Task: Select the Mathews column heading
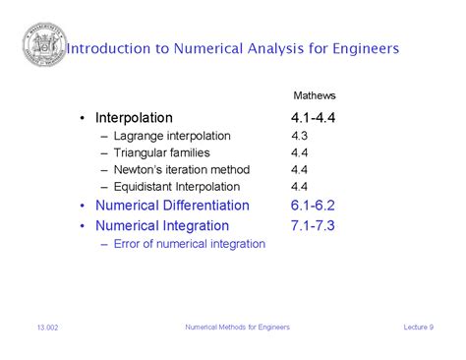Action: (315, 95)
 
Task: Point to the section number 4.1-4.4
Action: (314, 118)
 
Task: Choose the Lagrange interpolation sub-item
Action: (172, 136)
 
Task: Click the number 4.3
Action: (300, 136)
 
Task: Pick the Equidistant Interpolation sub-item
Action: (176, 186)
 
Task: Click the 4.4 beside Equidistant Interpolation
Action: (300, 186)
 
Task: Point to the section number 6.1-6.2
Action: (314, 206)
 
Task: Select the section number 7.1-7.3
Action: (314, 225)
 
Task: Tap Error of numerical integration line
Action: (189, 243)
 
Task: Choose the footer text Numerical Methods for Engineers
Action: (237, 328)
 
